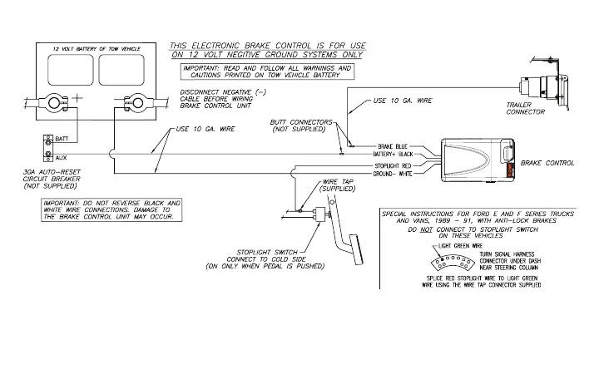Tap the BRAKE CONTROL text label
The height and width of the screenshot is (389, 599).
(x=547, y=164)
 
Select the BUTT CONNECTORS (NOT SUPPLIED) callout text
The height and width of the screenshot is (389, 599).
(x=300, y=127)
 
